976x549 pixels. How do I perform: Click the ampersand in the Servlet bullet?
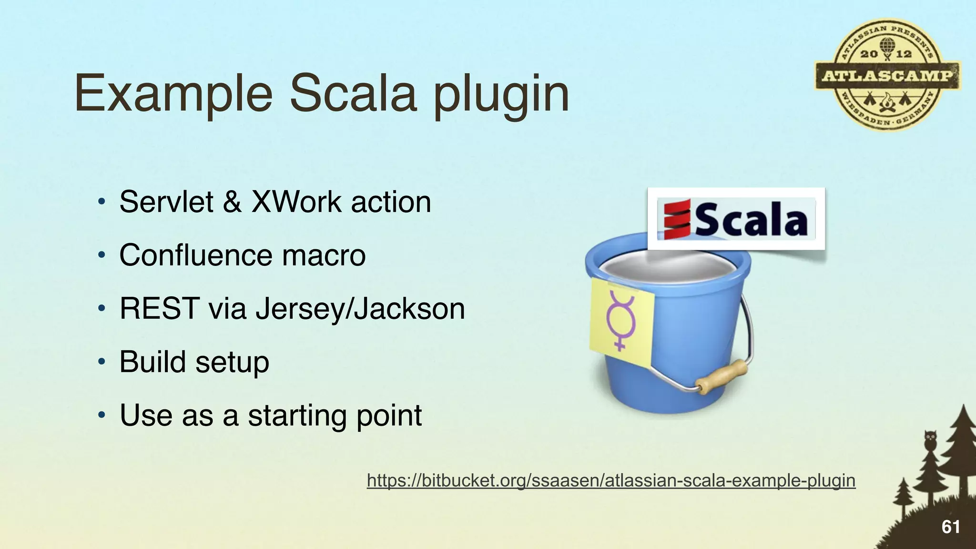[232, 202]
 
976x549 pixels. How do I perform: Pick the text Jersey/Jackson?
[360, 309]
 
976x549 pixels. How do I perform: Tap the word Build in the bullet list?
[153, 362]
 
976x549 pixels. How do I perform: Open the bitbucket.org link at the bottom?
[611, 480]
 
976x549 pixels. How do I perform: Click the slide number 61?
[951, 527]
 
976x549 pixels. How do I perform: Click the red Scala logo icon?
[677, 219]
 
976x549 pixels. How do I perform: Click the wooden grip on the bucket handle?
[722, 376]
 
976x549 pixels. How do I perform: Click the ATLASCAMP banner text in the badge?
[887, 76]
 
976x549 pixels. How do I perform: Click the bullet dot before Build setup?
[101, 362]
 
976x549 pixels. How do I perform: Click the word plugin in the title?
[501, 94]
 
